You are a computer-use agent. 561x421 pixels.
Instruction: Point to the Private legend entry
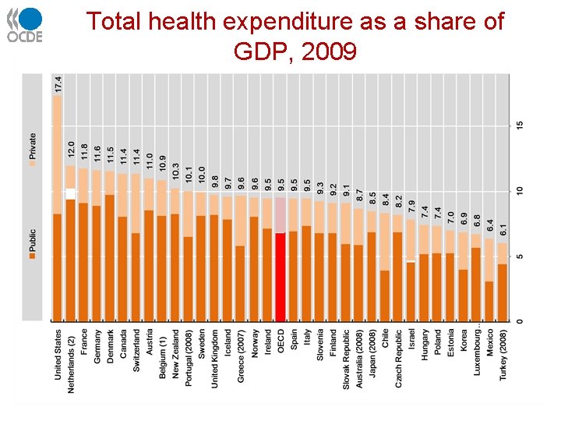click(x=33, y=148)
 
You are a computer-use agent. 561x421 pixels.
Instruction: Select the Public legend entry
click(x=33, y=241)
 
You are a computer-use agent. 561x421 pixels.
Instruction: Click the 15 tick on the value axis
click(x=520, y=126)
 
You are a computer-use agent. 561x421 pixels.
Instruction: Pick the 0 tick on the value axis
click(x=520, y=321)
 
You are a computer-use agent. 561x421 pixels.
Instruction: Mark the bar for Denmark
click(x=110, y=257)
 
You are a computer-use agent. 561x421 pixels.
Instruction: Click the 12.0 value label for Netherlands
click(x=71, y=151)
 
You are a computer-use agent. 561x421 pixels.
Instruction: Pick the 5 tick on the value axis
click(x=520, y=256)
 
